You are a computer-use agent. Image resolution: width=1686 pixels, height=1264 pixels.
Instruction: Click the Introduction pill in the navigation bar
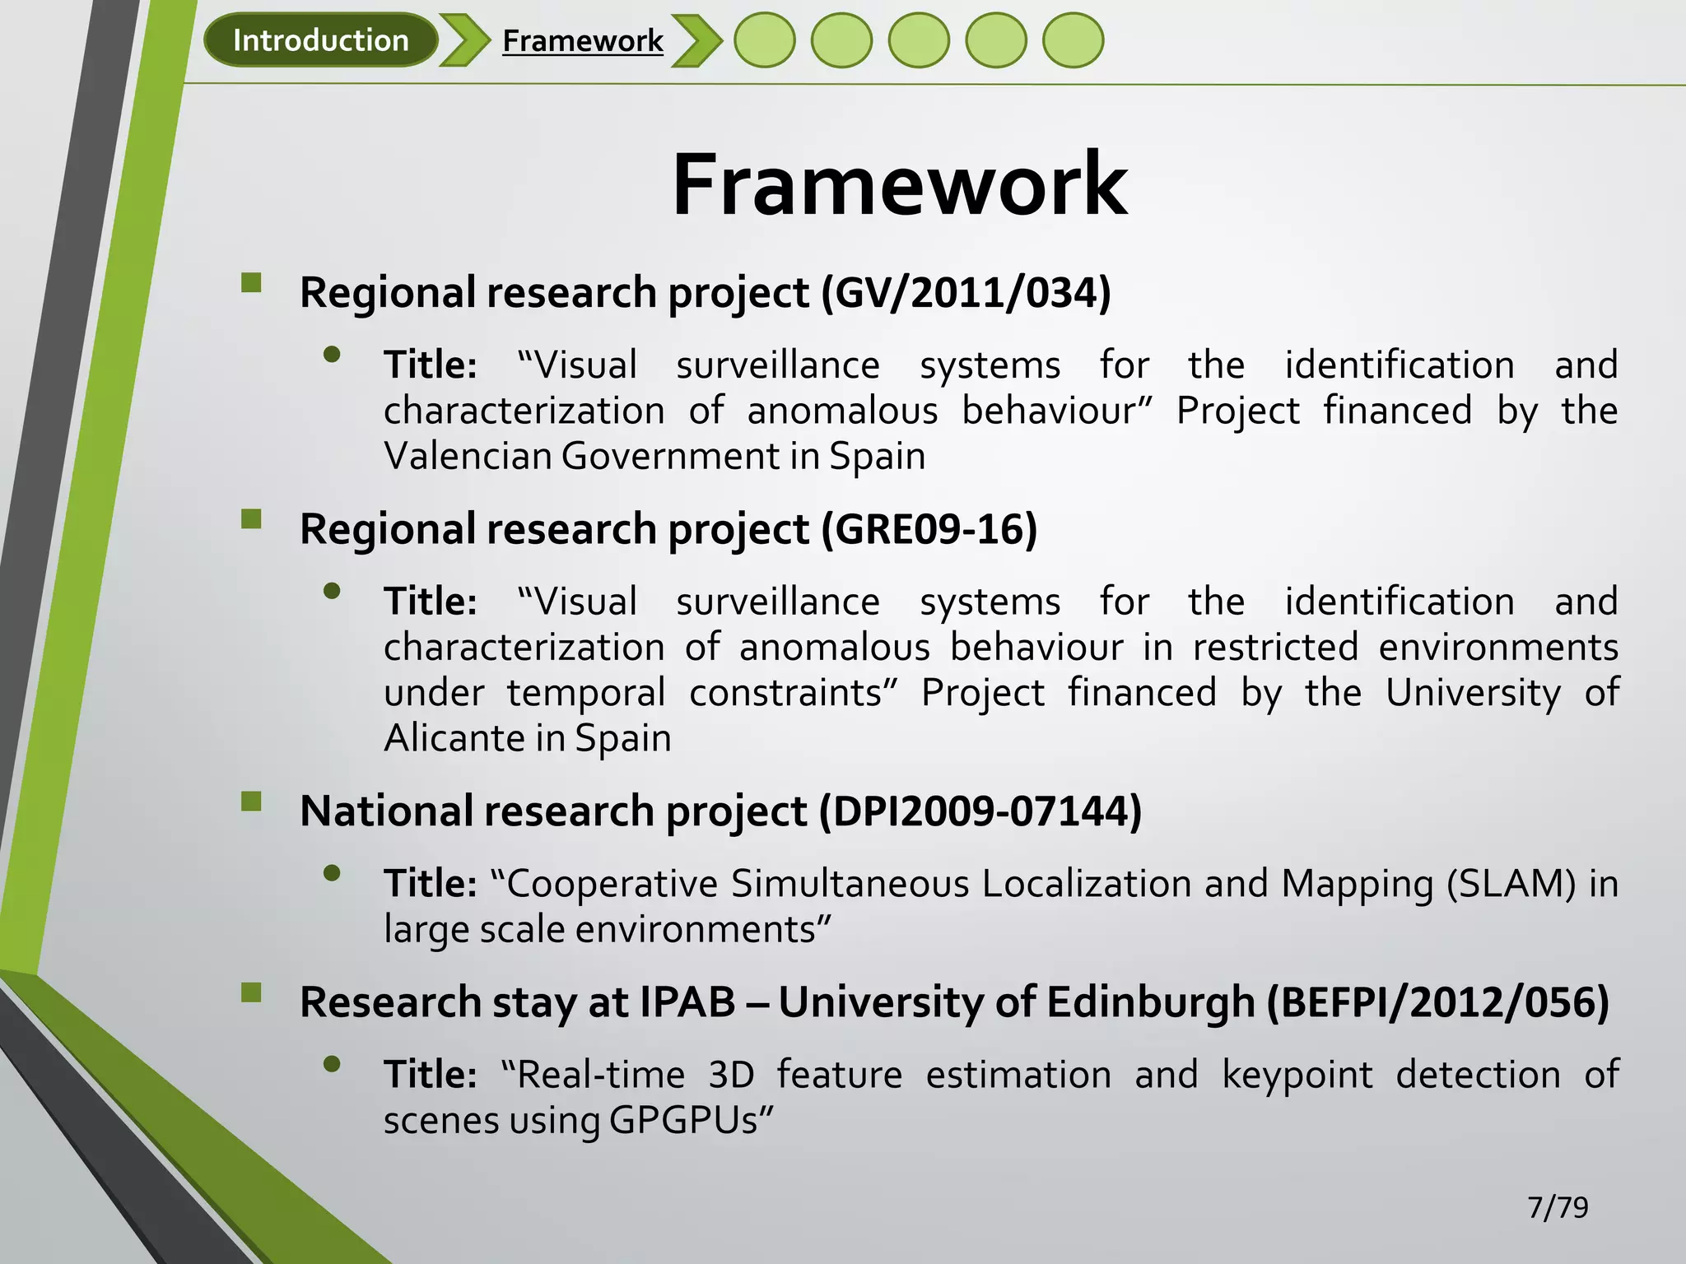320,40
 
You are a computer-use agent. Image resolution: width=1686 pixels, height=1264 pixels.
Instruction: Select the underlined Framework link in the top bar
582,40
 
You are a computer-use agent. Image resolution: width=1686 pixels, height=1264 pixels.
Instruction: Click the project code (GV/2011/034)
966,293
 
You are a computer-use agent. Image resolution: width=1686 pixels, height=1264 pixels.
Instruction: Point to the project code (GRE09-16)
929,529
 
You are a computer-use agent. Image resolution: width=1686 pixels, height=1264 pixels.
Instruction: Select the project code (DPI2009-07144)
980,811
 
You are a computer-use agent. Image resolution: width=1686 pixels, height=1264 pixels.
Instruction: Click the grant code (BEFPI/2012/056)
1437,1002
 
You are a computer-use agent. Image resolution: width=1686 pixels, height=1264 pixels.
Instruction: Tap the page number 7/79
1558,1207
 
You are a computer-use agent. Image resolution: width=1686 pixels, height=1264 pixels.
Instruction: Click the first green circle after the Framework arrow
764,40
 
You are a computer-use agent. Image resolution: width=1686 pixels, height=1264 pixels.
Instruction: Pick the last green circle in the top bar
1073,40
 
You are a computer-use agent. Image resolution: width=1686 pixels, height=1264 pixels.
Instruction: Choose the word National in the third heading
386,811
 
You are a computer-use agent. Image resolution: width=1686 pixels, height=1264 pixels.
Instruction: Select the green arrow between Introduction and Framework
465,40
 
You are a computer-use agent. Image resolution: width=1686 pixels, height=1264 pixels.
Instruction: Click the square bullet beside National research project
251,802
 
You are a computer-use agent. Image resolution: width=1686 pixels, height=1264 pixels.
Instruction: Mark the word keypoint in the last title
1297,1076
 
